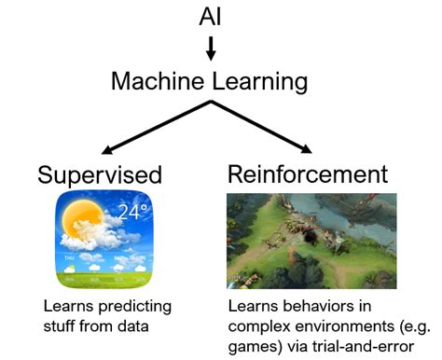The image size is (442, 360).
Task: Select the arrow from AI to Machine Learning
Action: [211, 47]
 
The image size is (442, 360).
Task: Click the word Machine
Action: [156, 81]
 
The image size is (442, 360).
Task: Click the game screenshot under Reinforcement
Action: [311, 240]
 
